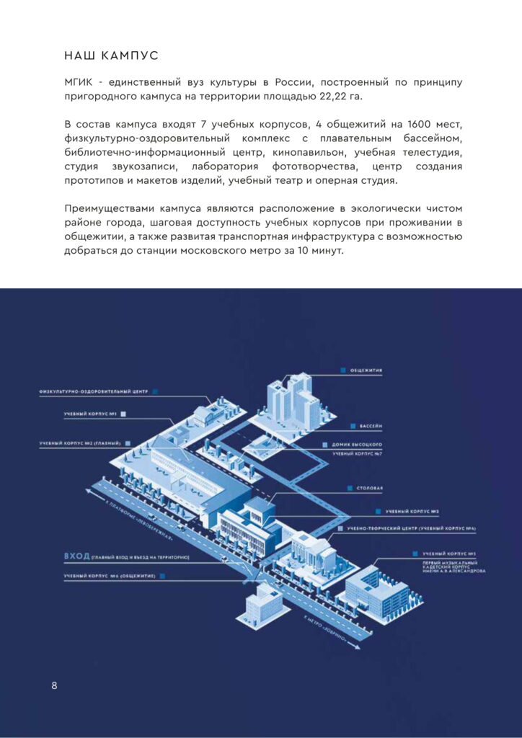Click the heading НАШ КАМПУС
[x=111, y=55]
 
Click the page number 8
[x=54, y=685]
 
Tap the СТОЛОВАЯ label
[x=370, y=488]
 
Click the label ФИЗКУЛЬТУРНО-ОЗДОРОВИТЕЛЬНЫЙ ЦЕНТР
[x=94, y=391]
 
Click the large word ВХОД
[x=77, y=556]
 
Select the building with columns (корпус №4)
[x=313, y=551]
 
